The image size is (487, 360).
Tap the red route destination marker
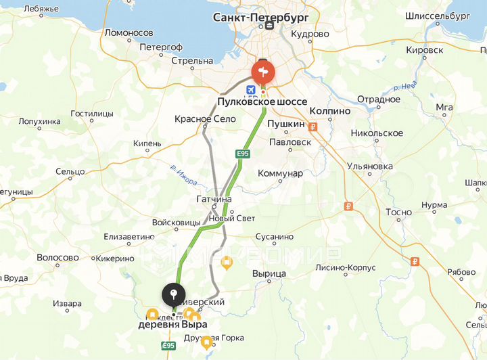pyautogui.click(x=262, y=72)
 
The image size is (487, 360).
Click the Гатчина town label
pyautogui.click(x=214, y=199)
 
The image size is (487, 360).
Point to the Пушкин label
pyautogui.click(x=286, y=125)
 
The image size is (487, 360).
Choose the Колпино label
pyautogui.click(x=329, y=110)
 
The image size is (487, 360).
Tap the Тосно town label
pyautogui.click(x=398, y=212)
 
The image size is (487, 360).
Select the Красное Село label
pyautogui.click(x=205, y=118)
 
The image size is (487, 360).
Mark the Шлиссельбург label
pyautogui.click(x=437, y=16)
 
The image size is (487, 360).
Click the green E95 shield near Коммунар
pyautogui.click(x=243, y=154)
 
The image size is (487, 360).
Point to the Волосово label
pyautogui.click(x=57, y=258)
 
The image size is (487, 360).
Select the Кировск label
pyautogui.click(x=425, y=50)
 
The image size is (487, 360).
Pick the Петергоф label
pyautogui.click(x=160, y=47)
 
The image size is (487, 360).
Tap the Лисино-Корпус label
pyautogui.click(x=345, y=267)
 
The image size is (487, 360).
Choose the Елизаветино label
pyautogui.click(x=129, y=237)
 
